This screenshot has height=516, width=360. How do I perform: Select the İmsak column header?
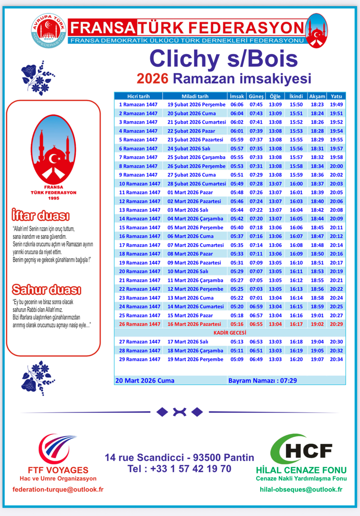coord(237,96)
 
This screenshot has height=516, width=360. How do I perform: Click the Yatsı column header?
coord(337,96)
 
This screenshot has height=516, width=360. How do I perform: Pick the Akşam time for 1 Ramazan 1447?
coord(317,105)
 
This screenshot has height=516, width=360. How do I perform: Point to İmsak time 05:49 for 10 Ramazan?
coord(237,183)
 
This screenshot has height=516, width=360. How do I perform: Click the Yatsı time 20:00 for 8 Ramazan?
coord(337,166)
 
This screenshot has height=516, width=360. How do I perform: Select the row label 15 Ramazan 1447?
coord(140,227)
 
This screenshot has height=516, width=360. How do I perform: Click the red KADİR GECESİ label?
coord(229,333)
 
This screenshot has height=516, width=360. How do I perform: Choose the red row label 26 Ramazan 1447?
coord(140,324)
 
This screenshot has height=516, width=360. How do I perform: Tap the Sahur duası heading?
coord(46,290)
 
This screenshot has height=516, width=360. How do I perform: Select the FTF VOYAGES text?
coord(57,470)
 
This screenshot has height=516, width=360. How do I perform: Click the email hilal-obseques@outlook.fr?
coord(301,489)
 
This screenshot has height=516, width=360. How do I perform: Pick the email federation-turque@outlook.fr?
coord(58,489)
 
